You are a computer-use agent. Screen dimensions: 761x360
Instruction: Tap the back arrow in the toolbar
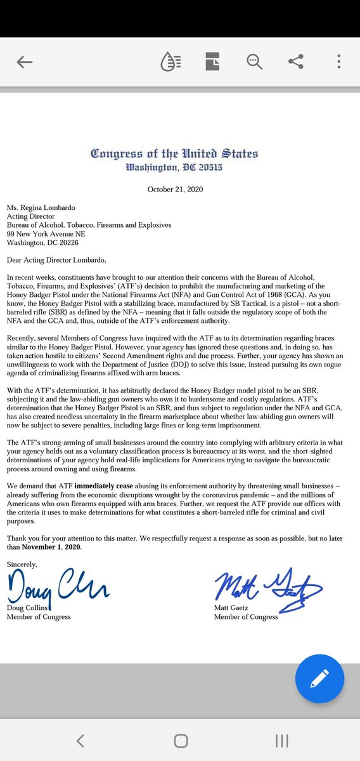25,62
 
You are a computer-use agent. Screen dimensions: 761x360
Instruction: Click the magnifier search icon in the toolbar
254,62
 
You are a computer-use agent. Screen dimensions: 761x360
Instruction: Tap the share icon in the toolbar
295,62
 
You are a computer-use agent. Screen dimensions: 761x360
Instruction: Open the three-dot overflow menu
340,62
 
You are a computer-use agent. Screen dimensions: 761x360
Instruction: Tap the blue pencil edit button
319,679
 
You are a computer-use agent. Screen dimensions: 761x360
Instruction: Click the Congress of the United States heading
174,154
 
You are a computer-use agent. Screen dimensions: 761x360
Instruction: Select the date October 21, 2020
174,189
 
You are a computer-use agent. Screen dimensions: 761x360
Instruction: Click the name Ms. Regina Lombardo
41,206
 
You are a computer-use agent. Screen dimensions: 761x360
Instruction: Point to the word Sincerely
23,564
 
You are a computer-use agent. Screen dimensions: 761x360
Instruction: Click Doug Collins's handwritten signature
57,589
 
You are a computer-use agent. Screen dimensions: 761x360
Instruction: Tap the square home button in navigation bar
180,741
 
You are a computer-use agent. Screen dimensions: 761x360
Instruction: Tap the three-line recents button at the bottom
282,741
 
